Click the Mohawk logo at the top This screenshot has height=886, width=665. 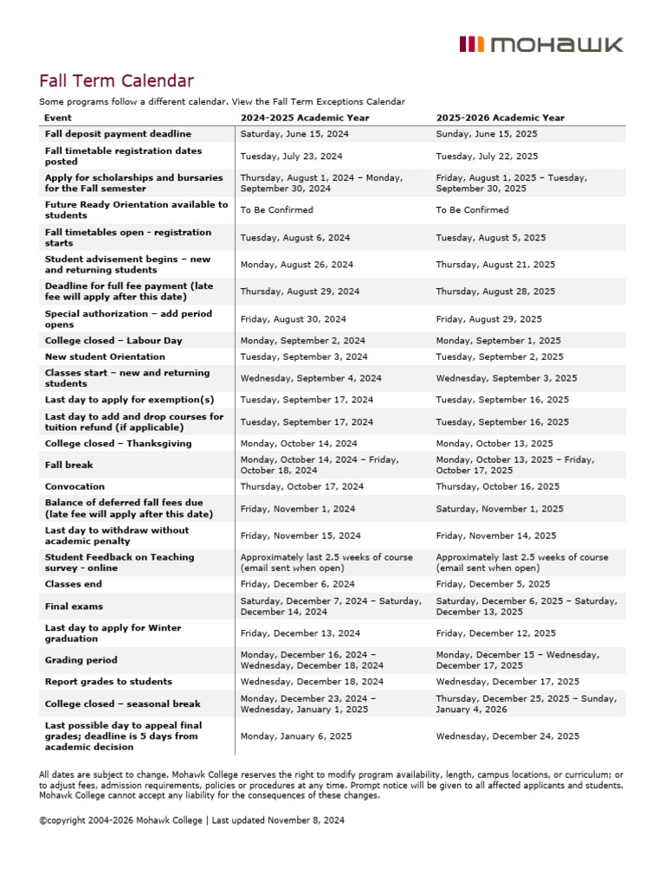(540, 45)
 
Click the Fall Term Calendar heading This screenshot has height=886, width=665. (116, 81)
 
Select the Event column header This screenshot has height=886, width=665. (58, 118)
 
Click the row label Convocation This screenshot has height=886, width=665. (74, 486)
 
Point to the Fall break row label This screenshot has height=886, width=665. (68, 465)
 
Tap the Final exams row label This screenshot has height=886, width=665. (73, 607)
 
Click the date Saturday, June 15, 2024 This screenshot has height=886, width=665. (290, 134)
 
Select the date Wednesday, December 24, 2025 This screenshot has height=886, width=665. (507, 736)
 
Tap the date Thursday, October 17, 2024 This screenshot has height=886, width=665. (302, 486)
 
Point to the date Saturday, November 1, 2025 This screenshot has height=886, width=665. (500, 509)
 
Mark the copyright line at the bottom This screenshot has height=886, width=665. (191, 819)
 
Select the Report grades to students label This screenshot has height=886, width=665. (108, 682)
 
